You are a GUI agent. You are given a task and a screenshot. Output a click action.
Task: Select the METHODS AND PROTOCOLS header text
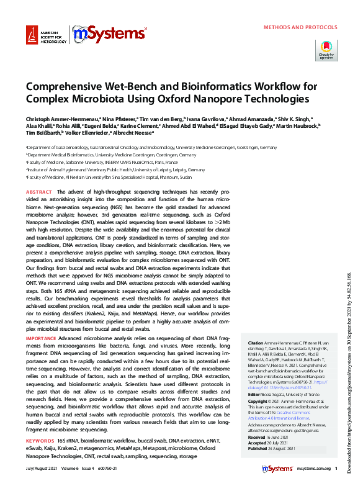click(x=300, y=28)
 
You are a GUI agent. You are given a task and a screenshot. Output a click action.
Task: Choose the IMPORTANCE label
click(x=42, y=338)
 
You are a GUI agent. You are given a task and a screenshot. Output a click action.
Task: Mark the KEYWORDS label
click(x=40, y=441)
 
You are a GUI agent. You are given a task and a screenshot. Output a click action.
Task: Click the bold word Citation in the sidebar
click(x=256, y=343)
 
